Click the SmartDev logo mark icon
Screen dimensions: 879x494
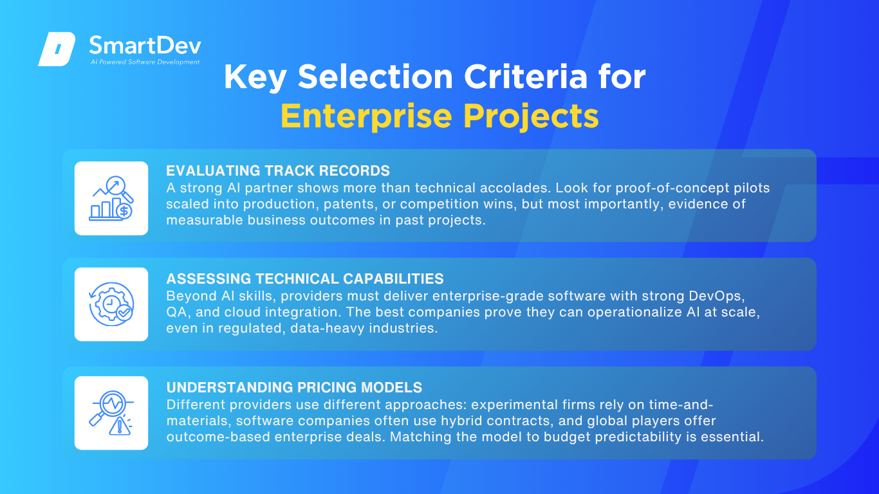point(57,49)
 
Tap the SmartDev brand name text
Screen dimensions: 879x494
point(145,46)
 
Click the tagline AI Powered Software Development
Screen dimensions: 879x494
point(145,62)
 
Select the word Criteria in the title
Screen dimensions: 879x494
point(526,77)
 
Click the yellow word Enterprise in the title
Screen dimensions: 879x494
point(366,116)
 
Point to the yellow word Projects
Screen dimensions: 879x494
point(531,116)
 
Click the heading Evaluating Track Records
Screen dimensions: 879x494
point(278,170)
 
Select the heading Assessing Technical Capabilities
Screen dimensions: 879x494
point(305,279)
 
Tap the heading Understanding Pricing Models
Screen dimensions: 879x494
point(294,387)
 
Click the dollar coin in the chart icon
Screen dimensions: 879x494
point(124,211)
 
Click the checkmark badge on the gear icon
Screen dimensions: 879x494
point(124,313)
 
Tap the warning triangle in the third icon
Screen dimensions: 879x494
point(120,426)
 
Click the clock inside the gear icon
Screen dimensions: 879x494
point(111,304)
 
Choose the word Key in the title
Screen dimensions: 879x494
point(255,77)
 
